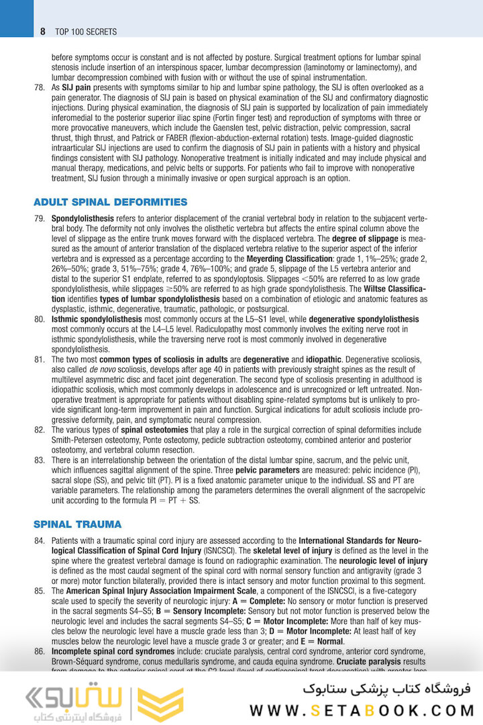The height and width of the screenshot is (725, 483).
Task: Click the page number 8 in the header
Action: click(42, 32)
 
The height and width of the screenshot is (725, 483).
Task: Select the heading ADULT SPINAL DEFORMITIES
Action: click(110, 202)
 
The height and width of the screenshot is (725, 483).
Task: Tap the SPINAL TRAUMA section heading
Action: click(77, 524)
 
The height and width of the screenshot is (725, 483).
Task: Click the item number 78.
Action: click(39, 88)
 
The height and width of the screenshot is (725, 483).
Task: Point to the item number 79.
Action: click(39, 219)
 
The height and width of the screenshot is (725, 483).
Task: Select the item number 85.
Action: click(39, 591)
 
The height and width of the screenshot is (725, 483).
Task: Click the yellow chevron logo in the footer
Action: click(160, 704)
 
